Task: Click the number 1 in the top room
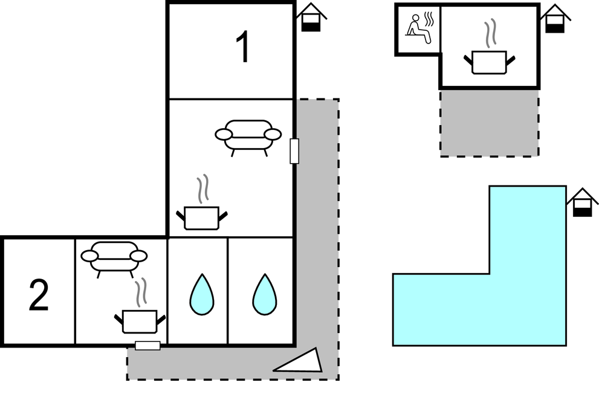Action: pos(242,48)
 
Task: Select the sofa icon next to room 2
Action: pos(114,258)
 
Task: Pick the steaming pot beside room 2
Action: pos(140,320)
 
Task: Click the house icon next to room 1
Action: pos(311,18)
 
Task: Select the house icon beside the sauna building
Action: pos(554,19)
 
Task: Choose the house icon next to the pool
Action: pos(581,202)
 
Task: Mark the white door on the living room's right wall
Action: pos(294,151)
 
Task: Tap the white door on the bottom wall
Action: pos(147,346)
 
